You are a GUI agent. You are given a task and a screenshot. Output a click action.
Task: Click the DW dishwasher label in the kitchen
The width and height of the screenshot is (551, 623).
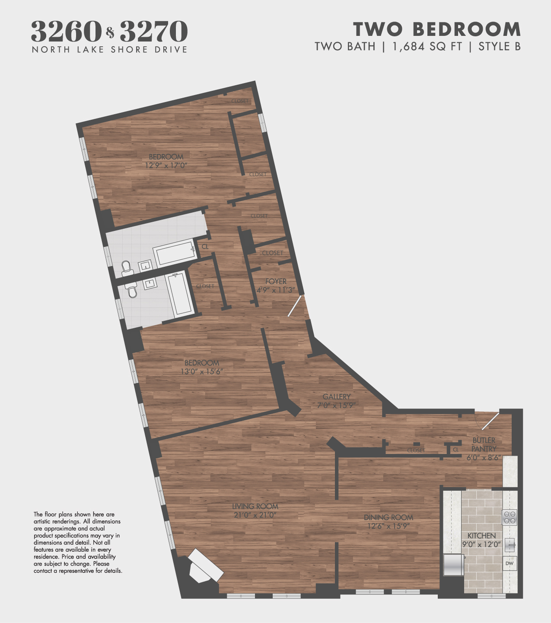pyautogui.click(x=510, y=563)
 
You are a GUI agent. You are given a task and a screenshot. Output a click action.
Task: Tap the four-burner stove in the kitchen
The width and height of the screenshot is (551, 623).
pyautogui.click(x=510, y=518)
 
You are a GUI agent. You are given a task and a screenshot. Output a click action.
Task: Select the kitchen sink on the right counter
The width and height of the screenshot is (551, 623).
pyautogui.click(x=510, y=545)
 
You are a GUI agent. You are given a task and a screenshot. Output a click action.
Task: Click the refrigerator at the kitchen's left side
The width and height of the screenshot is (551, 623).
pyautogui.click(x=454, y=565)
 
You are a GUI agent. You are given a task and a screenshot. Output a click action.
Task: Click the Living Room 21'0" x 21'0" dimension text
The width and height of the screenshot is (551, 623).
pyautogui.click(x=255, y=515)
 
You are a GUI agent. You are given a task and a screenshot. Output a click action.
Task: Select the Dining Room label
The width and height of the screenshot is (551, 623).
pyautogui.click(x=388, y=518)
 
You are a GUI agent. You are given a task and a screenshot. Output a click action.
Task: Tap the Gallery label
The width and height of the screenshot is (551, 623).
pyautogui.click(x=337, y=396)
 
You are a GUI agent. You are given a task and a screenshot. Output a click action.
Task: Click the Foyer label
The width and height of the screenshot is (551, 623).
pyautogui.click(x=276, y=281)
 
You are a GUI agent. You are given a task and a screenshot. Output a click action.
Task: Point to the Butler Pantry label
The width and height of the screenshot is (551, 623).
pyautogui.click(x=484, y=444)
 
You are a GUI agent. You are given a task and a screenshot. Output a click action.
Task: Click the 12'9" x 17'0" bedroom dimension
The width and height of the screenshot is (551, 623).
pyautogui.click(x=166, y=165)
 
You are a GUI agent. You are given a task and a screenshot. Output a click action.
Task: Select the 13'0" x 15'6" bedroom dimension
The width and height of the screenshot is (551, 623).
pyautogui.click(x=202, y=371)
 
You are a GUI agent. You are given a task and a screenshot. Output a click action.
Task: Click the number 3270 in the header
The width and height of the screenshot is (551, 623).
pyautogui.click(x=153, y=32)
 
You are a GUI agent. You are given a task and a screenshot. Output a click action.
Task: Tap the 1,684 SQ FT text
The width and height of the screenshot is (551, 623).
pyautogui.click(x=427, y=46)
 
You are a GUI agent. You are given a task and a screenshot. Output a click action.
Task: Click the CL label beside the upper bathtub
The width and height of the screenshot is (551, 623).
pyautogui.click(x=205, y=246)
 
